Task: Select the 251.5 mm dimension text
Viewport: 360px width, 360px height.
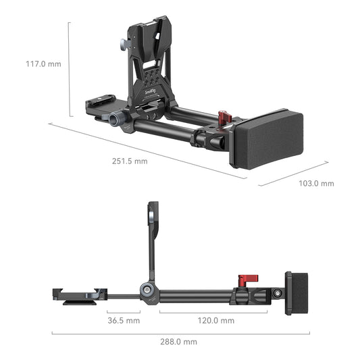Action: point(130,161)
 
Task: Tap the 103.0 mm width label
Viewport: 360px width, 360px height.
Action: point(316,183)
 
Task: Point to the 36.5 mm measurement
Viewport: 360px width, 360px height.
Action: point(123,320)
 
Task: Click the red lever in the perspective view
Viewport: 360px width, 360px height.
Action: point(224,118)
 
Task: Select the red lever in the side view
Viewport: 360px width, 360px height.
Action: point(245,280)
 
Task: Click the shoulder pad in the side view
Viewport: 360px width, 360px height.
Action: point(297,293)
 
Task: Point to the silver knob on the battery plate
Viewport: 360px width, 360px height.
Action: point(125,44)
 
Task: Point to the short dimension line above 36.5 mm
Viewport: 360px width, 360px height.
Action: point(124,312)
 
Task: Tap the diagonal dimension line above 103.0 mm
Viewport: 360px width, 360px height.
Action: point(284,173)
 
